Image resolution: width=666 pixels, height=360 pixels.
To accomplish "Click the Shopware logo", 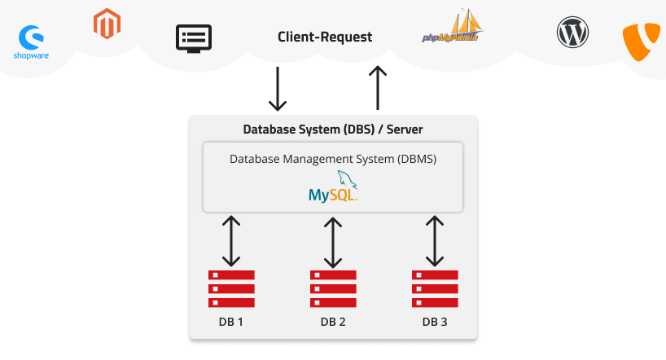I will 33,43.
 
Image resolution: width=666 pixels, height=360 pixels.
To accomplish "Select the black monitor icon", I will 194,38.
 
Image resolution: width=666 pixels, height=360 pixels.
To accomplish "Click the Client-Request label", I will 325,37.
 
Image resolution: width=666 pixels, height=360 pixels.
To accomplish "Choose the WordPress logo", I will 572,33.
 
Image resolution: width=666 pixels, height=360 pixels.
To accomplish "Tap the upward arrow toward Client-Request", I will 377,88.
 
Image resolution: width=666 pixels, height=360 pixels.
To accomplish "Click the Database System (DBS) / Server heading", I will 333,130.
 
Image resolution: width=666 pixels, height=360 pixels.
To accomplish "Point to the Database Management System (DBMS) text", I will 333,159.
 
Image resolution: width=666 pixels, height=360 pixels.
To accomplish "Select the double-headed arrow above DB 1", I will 231,242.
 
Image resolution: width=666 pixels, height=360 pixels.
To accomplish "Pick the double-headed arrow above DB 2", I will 333,242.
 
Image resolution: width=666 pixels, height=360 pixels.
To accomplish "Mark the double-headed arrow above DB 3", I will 435,242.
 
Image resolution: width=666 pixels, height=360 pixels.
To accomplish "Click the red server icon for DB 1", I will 231,288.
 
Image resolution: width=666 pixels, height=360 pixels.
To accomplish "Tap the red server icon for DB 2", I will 333,288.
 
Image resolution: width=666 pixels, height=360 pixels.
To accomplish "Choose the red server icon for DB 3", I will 435,288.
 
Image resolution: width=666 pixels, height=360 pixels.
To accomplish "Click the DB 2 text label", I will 333,322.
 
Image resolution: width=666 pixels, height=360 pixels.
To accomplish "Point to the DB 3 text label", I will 435,322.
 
